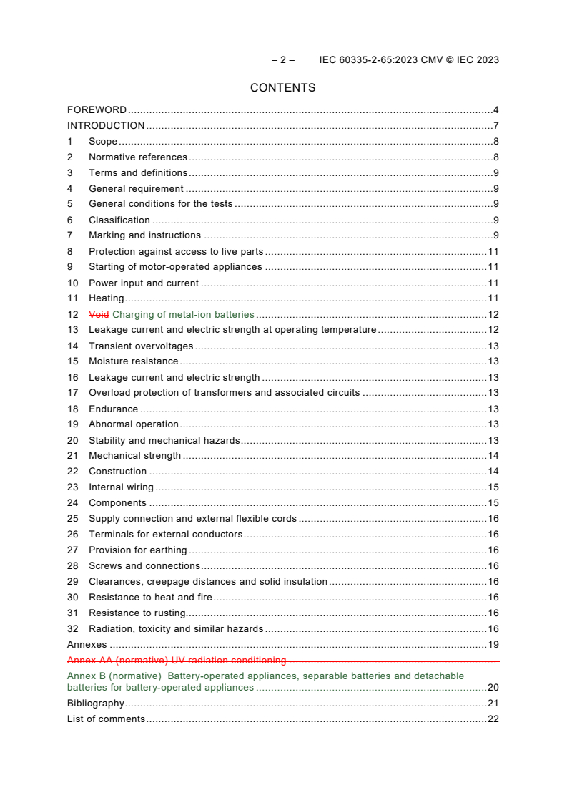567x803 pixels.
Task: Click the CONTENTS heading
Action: coord(282,88)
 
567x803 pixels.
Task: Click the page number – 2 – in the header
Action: coord(282,60)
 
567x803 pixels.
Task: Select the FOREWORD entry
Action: coord(97,110)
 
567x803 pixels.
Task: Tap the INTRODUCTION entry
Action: coord(106,126)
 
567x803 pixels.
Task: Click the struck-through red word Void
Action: coord(99,314)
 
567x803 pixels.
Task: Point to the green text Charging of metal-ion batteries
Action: coord(183,314)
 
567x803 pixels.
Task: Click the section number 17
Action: coord(72,393)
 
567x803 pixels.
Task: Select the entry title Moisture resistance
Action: coord(133,361)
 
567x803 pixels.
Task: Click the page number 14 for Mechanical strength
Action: coord(493,456)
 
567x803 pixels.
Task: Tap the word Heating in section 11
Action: coord(106,298)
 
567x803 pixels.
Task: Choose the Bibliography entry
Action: coord(95,704)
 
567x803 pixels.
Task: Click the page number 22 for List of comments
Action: coord(493,719)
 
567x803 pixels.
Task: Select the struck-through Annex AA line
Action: coord(177,661)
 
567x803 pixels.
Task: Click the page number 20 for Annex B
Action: coord(493,688)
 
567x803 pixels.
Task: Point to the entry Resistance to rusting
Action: coord(137,613)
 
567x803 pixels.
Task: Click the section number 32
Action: coord(72,629)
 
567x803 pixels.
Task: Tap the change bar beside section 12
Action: coord(34,315)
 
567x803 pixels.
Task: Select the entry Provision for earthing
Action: coord(137,550)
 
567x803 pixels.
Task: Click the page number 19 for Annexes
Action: coord(493,645)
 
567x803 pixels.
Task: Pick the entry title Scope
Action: coord(103,142)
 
